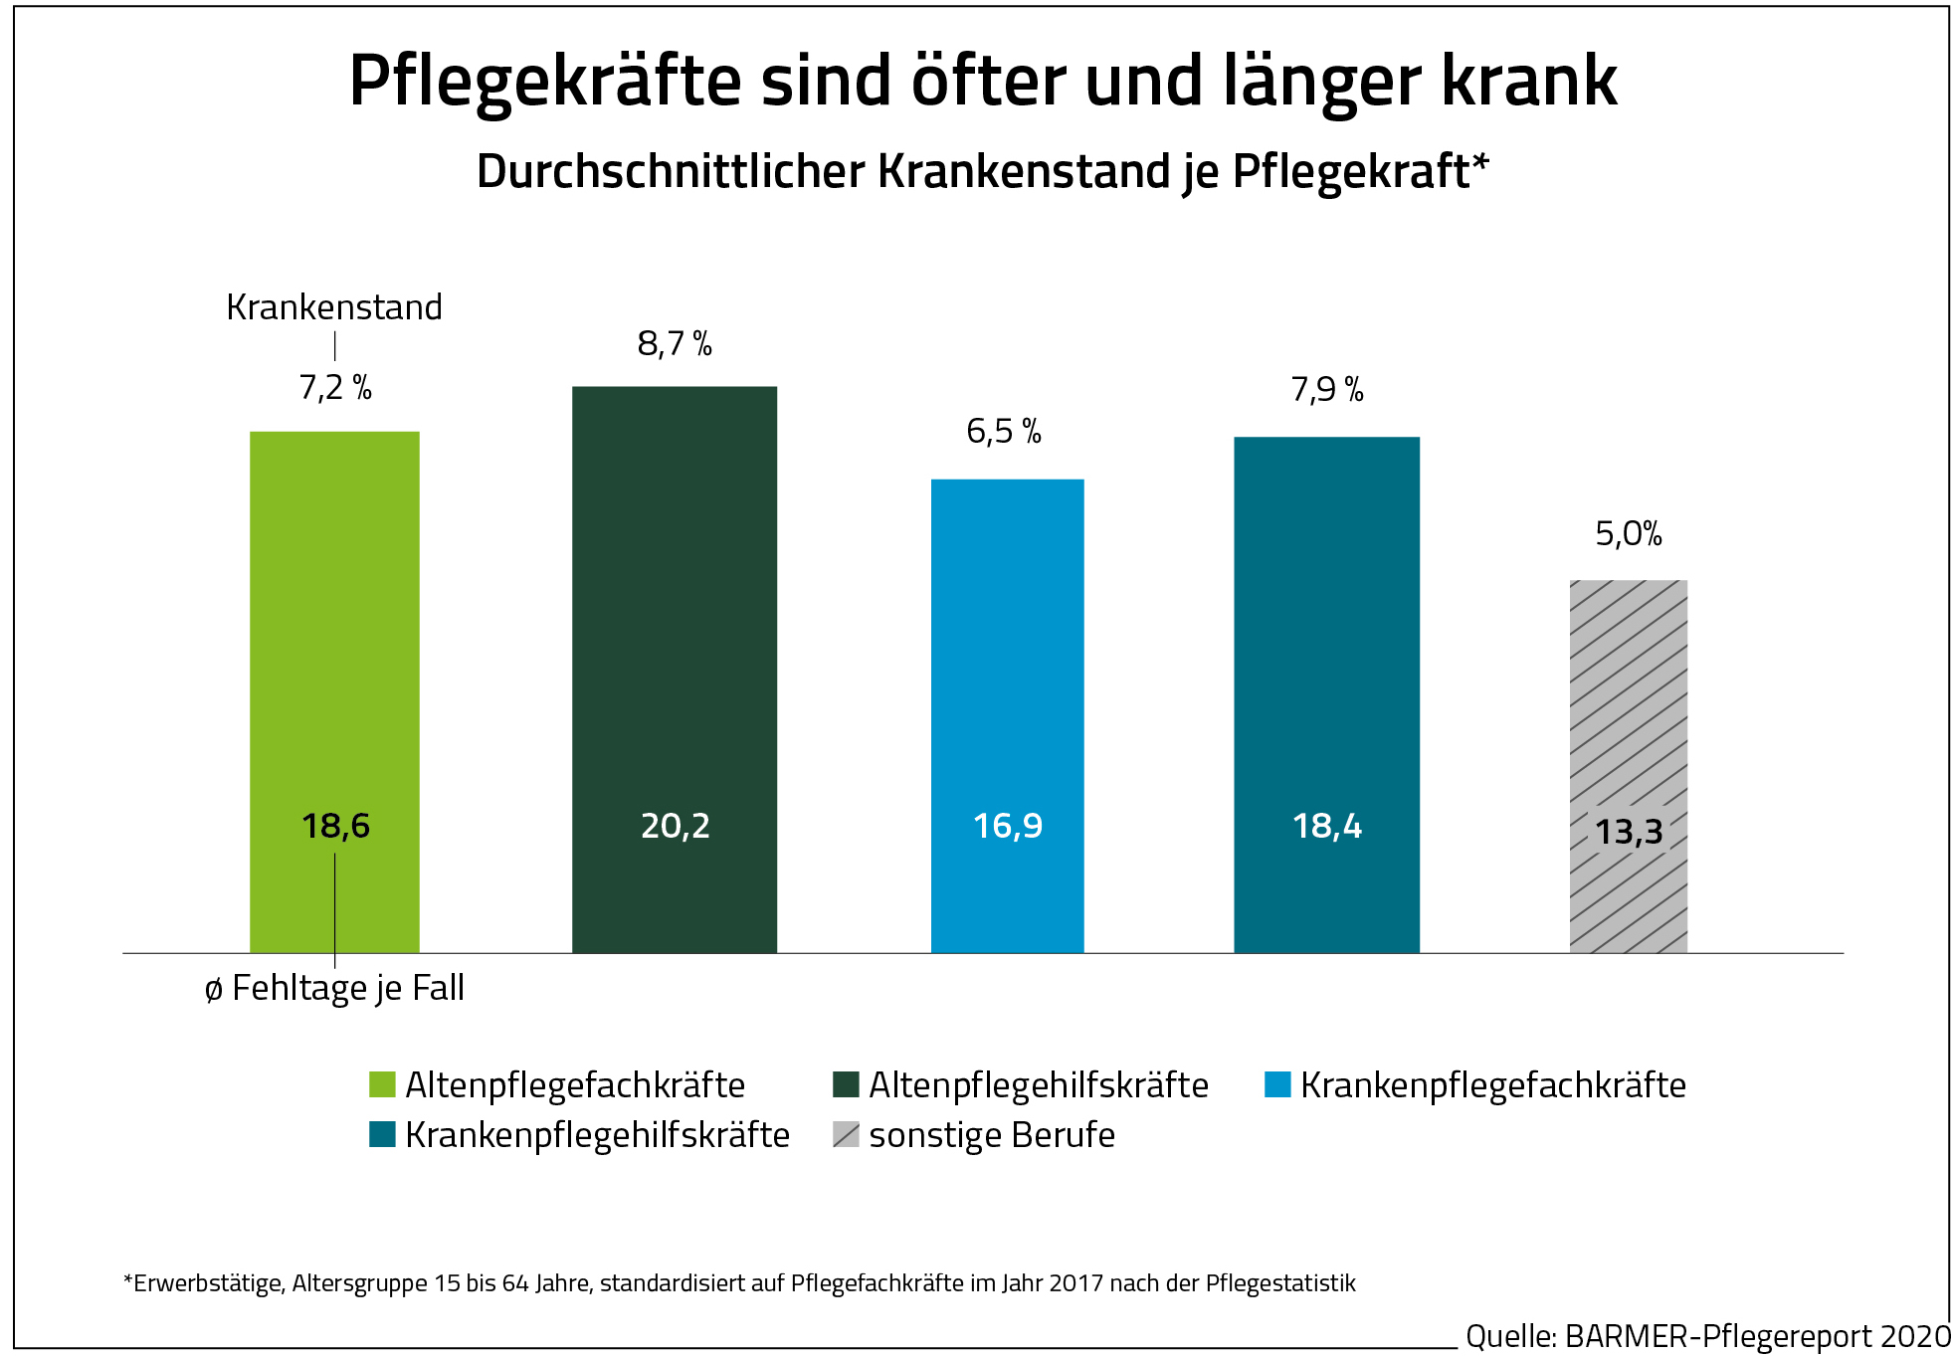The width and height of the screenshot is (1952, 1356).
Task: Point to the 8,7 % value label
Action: pyautogui.click(x=675, y=344)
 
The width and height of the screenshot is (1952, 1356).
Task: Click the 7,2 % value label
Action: pyautogui.click(x=335, y=388)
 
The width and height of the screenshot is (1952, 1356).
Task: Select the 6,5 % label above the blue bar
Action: pyautogui.click(x=1004, y=432)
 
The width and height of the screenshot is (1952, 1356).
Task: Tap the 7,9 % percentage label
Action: pyautogui.click(x=1327, y=390)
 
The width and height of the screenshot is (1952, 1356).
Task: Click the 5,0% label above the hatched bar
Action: pyautogui.click(x=1629, y=534)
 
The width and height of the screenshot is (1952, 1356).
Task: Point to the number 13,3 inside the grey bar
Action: pyautogui.click(x=1629, y=832)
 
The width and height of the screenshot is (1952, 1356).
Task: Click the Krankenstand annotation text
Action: pyautogui.click(x=334, y=307)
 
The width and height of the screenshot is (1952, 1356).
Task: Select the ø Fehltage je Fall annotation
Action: pyautogui.click(x=334, y=989)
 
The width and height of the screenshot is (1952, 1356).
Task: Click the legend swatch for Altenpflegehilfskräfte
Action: pyautogui.click(x=846, y=1084)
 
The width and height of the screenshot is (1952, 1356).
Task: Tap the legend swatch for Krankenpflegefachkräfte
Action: pyautogui.click(x=1277, y=1084)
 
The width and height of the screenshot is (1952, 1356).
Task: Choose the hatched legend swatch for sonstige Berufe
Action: pyautogui.click(x=846, y=1135)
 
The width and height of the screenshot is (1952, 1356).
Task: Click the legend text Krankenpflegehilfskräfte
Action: pyautogui.click(x=597, y=1135)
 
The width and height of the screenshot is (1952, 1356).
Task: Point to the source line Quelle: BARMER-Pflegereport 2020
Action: pyautogui.click(x=1707, y=1336)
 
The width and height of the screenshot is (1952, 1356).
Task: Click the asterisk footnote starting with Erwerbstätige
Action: pyautogui.click(x=739, y=1283)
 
